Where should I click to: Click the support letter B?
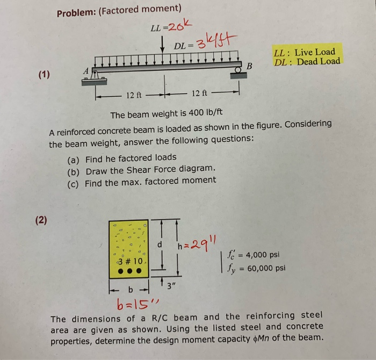pyautogui.click(x=249, y=66)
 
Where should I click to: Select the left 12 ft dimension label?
pyautogui.click(x=134, y=96)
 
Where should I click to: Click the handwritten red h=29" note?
pyautogui.click(x=196, y=245)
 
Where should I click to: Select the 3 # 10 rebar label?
pyautogui.click(x=129, y=261)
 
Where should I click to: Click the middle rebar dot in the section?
pyautogui.click(x=129, y=271)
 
